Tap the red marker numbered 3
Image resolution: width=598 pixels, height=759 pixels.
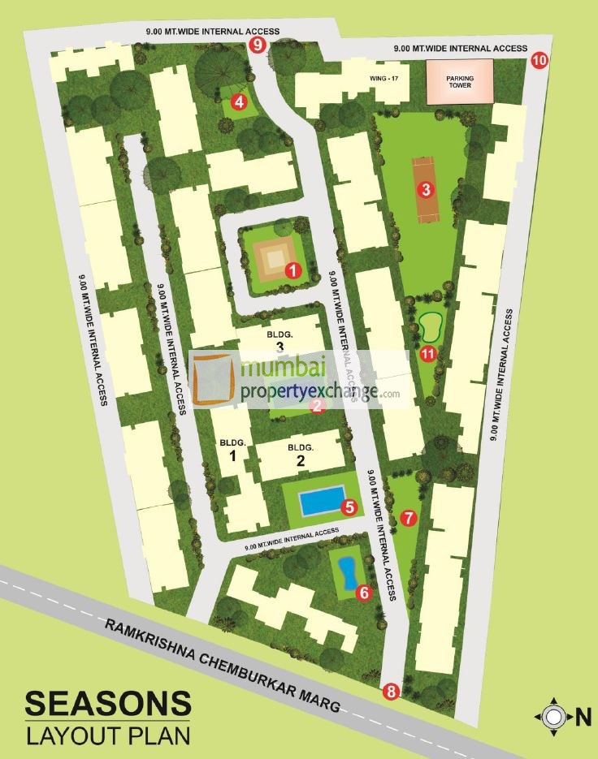coord(423,190)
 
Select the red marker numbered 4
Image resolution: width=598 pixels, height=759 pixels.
coord(239,101)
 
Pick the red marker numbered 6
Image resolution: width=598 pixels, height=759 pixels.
coord(363,593)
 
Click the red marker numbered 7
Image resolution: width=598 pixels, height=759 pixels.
coord(408,516)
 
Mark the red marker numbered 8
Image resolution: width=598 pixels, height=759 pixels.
coord(392,692)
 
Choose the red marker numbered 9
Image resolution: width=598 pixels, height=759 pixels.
coord(258,45)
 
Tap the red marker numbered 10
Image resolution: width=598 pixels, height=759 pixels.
coord(540,59)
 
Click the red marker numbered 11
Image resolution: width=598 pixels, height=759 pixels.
coord(429,352)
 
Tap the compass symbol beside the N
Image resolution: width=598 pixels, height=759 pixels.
coord(554,716)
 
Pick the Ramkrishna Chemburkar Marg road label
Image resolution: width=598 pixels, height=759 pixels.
coord(221,666)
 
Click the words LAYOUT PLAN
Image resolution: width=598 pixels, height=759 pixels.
coord(107,735)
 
